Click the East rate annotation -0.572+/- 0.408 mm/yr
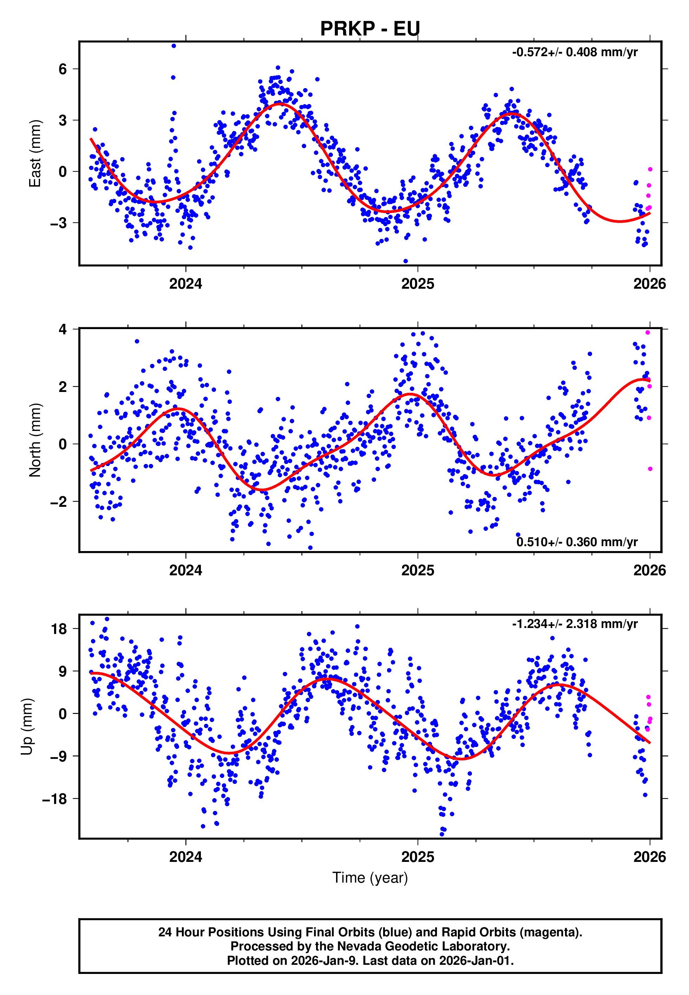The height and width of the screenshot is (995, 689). coord(575,52)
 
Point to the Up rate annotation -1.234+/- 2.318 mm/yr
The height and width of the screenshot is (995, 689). coord(575,624)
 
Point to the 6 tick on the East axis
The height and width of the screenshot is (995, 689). coord(63,69)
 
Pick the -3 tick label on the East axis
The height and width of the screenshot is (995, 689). coord(59,223)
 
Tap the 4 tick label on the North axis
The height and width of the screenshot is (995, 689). coord(63,329)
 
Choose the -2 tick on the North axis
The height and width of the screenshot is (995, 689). coord(59,502)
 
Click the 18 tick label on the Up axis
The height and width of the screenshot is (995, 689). coord(59,629)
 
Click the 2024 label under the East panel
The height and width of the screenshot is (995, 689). coord(186,283)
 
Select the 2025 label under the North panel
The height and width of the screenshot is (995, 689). coord(418,570)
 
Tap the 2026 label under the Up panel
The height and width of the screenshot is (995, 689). coord(649,857)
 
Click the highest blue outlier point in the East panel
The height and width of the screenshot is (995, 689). coord(173,46)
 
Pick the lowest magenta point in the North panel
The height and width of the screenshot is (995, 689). coord(650,469)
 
